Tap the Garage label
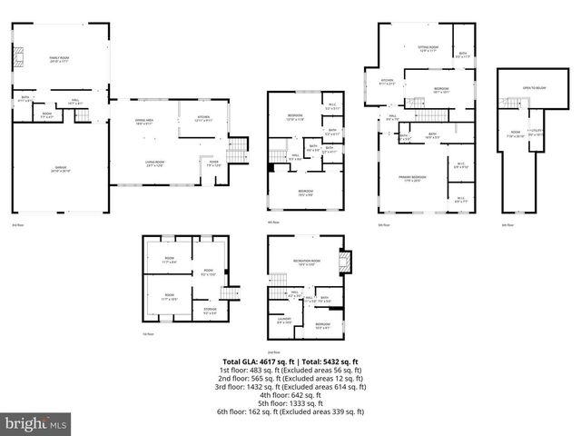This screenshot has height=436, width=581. (60, 169)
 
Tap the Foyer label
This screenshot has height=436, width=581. (214, 164)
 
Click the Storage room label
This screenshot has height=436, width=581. (210, 314)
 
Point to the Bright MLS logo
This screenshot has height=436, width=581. (36, 423)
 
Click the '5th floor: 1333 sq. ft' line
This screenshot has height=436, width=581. (290, 403)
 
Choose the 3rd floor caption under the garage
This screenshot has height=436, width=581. (17, 224)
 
